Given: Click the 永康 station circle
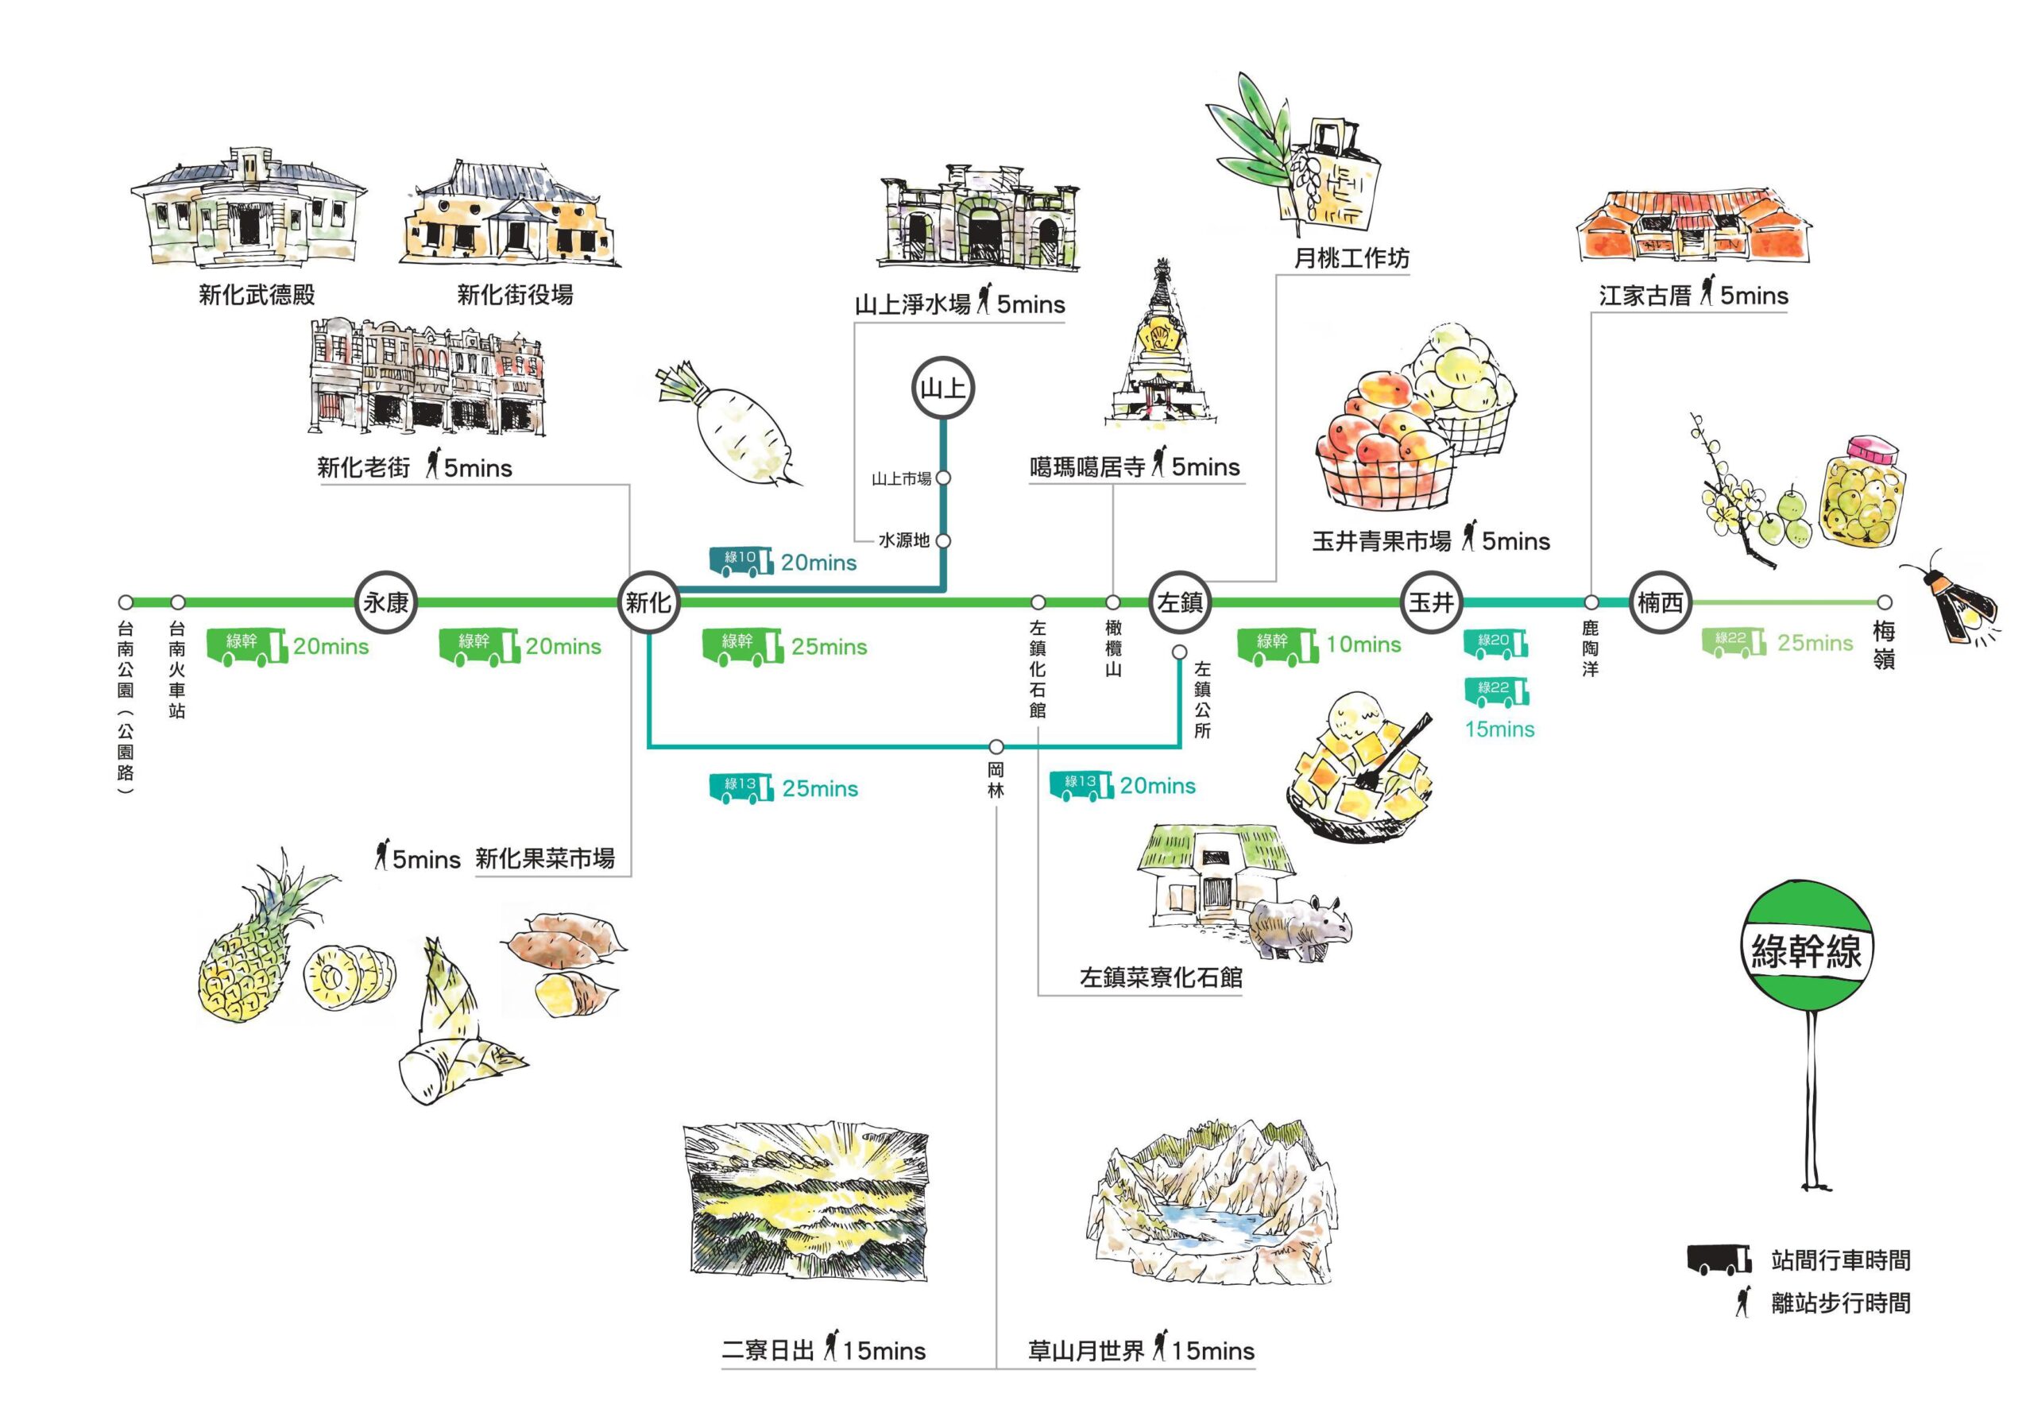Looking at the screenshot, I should (x=386, y=602).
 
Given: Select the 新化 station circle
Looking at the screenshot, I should (x=648, y=602).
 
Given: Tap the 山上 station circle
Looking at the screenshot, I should (x=943, y=388).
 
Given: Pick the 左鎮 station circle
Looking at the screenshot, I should (x=1180, y=602).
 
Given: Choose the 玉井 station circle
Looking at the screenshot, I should (x=1432, y=602).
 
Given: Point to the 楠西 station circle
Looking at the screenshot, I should (x=1660, y=602).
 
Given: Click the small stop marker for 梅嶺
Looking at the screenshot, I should (x=1885, y=602).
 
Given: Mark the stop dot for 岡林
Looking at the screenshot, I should (x=996, y=747).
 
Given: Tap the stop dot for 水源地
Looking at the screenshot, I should (x=943, y=540).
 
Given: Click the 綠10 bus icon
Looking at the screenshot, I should (x=741, y=561).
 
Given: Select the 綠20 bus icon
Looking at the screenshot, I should (x=1496, y=643).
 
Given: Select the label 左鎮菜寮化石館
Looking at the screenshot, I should (x=1161, y=978).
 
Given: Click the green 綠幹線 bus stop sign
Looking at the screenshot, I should (x=1808, y=950).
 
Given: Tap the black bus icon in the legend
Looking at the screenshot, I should (x=1719, y=1259).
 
